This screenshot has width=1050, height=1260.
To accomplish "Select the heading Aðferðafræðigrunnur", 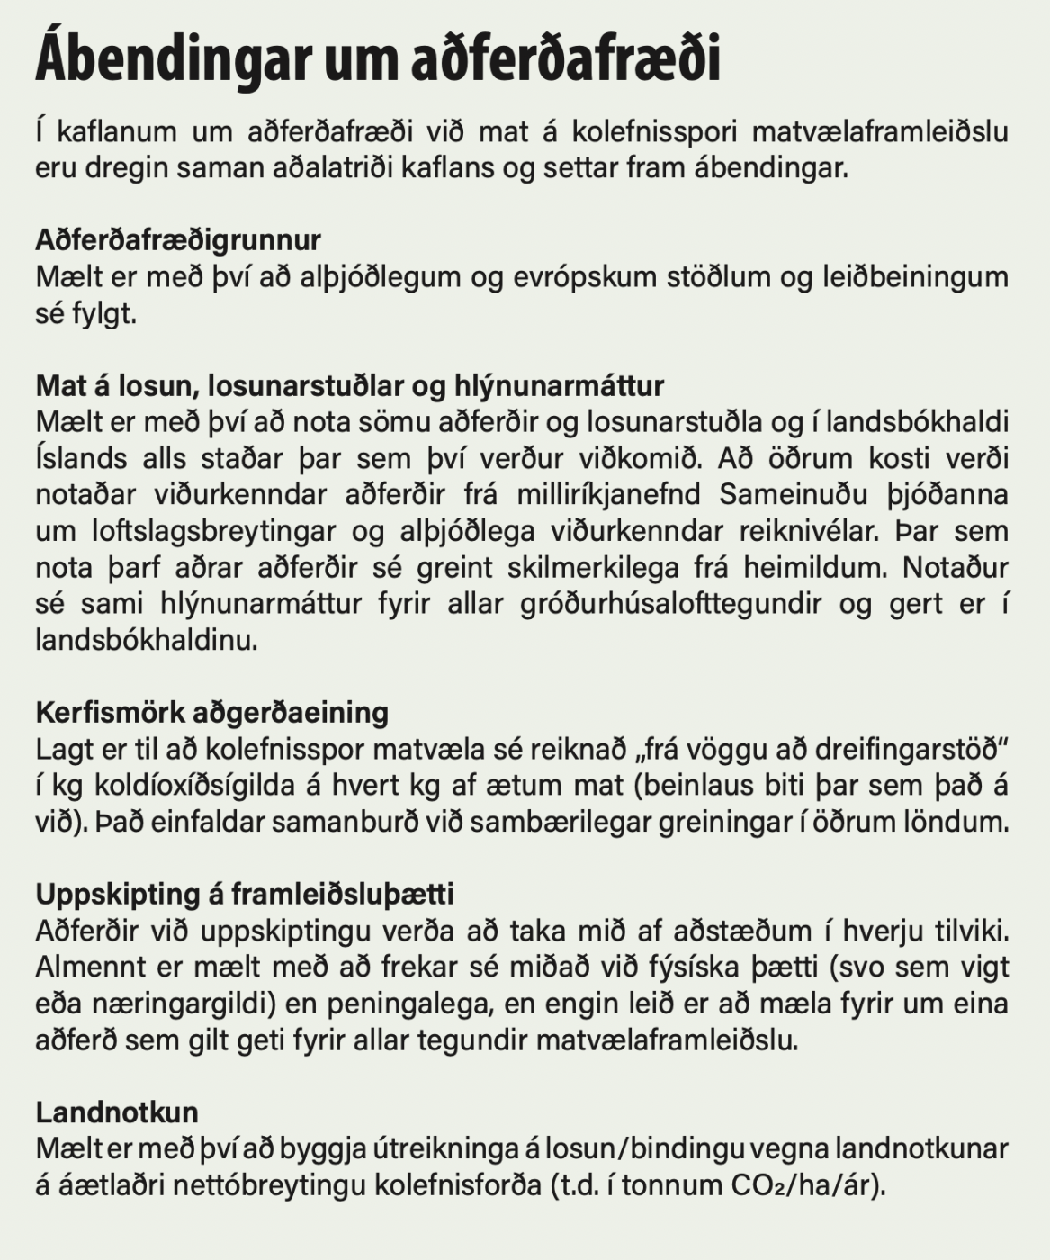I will pos(178,240).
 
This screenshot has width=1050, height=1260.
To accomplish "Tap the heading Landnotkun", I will pos(117,1112).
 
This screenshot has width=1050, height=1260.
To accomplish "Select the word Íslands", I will pos(81,459).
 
